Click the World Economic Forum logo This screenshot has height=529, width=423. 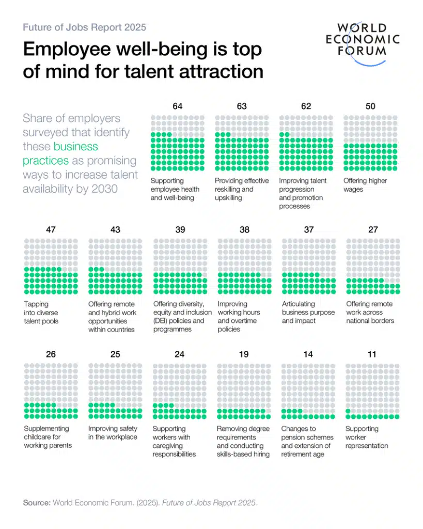point(363,43)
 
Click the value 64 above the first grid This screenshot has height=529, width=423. point(178,106)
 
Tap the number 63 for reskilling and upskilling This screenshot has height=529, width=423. point(242,106)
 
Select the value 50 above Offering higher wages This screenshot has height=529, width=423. point(370,106)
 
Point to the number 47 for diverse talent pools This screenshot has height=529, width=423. point(51,230)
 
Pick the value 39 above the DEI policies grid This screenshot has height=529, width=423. point(180,230)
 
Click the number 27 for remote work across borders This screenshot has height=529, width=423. point(373,230)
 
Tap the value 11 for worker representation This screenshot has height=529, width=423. point(372,354)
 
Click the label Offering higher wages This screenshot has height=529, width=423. point(365,185)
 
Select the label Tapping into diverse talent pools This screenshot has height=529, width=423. point(41,313)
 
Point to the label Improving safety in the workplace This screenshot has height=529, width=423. point(113,433)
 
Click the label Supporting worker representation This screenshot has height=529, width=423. point(367,437)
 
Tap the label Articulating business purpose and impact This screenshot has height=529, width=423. point(308,313)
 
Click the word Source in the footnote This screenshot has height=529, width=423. point(37,503)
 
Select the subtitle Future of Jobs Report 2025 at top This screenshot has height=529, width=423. point(84,27)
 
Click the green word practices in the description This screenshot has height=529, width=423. point(45,161)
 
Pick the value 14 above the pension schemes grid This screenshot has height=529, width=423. point(308,354)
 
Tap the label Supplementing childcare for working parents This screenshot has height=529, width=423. point(48,437)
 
